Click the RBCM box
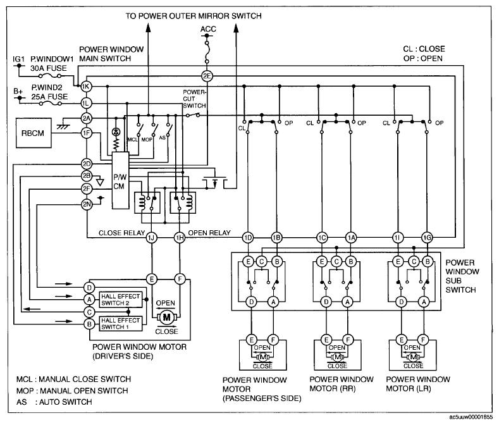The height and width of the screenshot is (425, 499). point(34,133)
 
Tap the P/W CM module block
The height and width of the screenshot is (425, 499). point(120,180)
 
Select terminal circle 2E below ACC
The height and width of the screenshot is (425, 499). point(207,76)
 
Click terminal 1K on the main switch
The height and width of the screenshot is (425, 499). point(86,86)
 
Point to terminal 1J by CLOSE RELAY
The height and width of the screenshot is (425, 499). point(152,238)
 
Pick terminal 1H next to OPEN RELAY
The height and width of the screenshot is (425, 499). point(180,238)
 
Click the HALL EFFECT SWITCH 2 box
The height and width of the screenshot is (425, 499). point(121,300)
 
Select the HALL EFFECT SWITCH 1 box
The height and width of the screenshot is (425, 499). point(121,323)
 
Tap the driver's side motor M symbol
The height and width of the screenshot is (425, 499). point(166,317)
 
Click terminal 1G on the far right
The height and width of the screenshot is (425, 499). point(427,238)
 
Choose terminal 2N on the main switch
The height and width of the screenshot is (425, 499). point(87,204)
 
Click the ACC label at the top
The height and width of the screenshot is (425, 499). point(208,29)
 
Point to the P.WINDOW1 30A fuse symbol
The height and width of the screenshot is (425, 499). point(50,76)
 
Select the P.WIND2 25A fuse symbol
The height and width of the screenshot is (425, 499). point(50,103)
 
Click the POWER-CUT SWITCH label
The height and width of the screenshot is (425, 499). point(194,99)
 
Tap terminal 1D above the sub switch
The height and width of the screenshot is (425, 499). point(248,238)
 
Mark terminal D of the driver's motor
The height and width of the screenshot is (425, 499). point(89,288)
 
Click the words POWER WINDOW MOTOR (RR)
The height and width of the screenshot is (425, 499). point(342,384)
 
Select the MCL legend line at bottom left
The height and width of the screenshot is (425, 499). point(74,379)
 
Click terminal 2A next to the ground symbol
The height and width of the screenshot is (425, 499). point(86,119)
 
